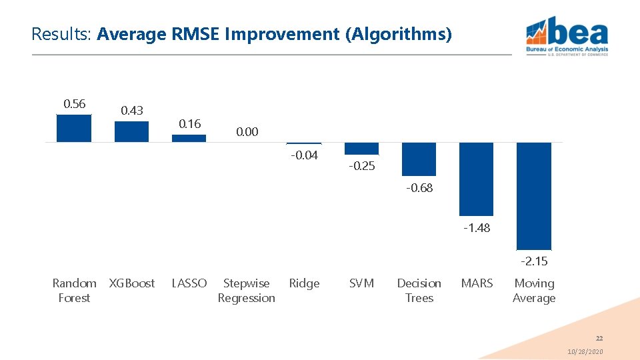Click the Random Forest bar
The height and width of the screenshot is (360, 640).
click(74, 128)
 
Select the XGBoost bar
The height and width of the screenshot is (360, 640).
click(131, 131)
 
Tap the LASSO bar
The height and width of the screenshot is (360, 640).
click(189, 138)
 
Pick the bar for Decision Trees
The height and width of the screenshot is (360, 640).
click(419, 159)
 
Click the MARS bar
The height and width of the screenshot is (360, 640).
click(476, 179)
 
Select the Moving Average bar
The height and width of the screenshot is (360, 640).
click(534, 195)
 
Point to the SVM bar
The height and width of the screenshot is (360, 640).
click(361, 148)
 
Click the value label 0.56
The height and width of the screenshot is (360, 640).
click(74, 103)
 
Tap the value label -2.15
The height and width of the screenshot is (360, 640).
click(534, 261)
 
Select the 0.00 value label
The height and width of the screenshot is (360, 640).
click(247, 132)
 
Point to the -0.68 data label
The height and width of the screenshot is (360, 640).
click(419, 188)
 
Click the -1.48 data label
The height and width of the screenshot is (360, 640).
click(477, 228)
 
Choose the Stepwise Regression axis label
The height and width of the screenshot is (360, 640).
click(247, 291)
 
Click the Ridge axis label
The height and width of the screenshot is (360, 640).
click(304, 283)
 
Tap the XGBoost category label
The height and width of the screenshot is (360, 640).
click(132, 283)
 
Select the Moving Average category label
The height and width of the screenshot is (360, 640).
click(534, 291)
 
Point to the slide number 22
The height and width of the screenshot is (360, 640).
click(599, 339)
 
